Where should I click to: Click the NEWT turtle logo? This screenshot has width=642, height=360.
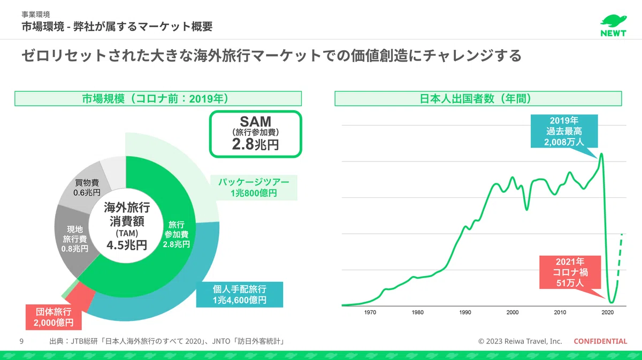point(613,26)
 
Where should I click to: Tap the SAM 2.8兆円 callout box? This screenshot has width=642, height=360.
point(255,134)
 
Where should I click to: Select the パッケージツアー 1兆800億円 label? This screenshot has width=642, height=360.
point(254,187)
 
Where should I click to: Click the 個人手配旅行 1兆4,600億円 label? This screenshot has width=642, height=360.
point(240,294)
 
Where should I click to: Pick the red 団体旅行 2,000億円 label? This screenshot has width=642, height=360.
point(53,317)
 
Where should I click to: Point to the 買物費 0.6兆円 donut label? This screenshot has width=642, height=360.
point(87,187)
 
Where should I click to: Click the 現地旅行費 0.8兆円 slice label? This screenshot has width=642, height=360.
point(75,239)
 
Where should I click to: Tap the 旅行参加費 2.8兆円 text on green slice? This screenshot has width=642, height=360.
point(176,234)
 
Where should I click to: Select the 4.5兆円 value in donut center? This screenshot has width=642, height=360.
point(127,245)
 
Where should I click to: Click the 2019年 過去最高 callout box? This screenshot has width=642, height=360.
point(564,131)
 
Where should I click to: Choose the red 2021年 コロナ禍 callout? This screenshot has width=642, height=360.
point(570,272)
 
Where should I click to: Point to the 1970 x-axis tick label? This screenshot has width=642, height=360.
point(370,312)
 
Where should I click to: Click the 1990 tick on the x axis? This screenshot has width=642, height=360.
point(465,312)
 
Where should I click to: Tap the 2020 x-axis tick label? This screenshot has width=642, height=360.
point(607,312)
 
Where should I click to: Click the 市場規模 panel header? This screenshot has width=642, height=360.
point(158,98)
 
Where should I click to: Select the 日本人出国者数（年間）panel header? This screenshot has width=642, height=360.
point(478,98)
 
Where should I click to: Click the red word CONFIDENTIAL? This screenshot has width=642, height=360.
point(600,341)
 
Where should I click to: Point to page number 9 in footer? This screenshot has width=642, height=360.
point(21,341)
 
